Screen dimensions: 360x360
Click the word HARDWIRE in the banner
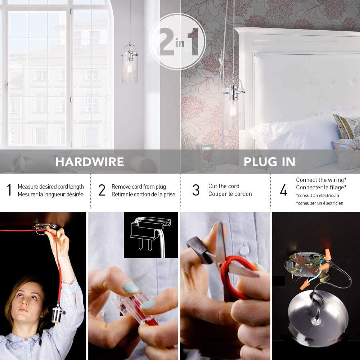click(90, 162)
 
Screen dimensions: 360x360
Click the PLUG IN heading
click(269, 162)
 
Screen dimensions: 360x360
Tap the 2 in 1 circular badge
click(177, 41)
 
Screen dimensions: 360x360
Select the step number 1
click(9, 190)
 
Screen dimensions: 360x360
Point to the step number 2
click(102, 190)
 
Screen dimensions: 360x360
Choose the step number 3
click(196, 190)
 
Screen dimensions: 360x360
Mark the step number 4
click(284, 190)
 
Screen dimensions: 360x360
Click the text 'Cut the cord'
click(224, 186)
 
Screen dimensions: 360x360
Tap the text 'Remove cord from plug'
click(139, 186)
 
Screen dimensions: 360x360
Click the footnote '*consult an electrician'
click(318, 195)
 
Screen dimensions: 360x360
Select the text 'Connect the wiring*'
click(321, 180)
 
